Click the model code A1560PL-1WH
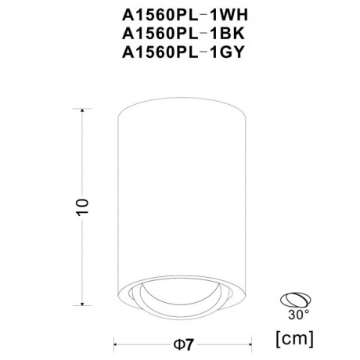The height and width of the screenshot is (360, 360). (x=179, y=13)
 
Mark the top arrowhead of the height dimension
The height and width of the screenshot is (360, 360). (x=83, y=110)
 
